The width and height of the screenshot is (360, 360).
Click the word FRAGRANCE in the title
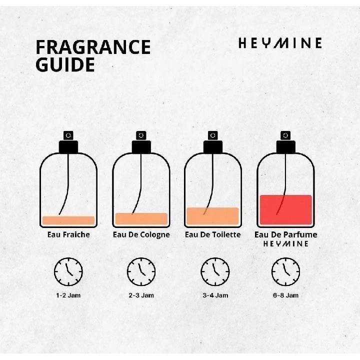(x=93, y=47)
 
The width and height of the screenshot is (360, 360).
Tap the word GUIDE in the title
(x=65, y=64)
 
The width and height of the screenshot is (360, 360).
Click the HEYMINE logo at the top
(x=280, y=43)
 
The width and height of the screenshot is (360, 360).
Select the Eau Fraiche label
(x=68, y=234)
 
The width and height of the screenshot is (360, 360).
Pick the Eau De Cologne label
(x=141, y=235)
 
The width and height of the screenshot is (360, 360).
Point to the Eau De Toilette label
(x=213, y=234)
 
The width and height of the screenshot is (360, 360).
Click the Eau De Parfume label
(x=286, y=234)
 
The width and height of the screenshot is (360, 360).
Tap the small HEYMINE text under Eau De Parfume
(x=286, y=243)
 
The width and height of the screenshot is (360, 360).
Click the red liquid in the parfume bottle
(x=286, y=209)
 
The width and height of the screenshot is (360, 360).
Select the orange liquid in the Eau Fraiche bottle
(x=68, y=220)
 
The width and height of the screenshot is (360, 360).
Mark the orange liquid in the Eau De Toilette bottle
(x=213, y=216)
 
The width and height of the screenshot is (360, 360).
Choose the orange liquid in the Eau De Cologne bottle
(x=141, y=218)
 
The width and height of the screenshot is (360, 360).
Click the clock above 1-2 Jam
(x=68, y=271)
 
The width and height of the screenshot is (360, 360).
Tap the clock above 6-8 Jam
(x=286, y=271)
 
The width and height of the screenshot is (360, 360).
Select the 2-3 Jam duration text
(x=141, y=295)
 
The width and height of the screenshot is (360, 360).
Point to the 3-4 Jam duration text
(x=215, y=295)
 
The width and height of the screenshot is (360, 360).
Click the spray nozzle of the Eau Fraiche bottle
(x=68, y=135)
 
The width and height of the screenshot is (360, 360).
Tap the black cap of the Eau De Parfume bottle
(x=286, y=147)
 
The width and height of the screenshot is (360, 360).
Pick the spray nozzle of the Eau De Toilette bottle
(x=213, y=135)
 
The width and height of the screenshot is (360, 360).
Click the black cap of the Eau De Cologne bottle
(x=141, y=147)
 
